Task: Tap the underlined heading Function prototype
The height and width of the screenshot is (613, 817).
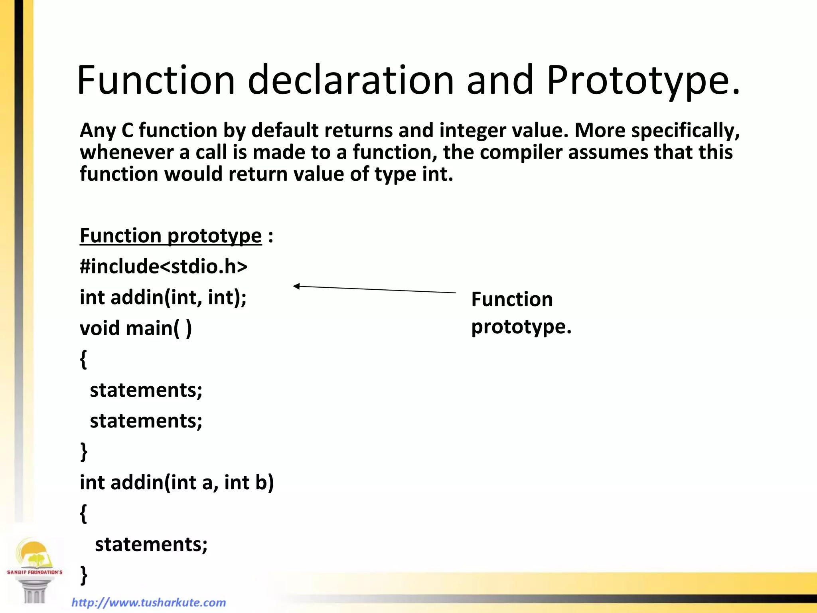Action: click(171, 235)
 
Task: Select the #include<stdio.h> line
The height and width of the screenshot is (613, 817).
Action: click(164, 266)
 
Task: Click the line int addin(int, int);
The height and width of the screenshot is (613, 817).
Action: click(163, 297)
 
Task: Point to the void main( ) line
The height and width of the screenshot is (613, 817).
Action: click(136, 328)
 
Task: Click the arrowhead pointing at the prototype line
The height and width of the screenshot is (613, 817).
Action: click(296, 286)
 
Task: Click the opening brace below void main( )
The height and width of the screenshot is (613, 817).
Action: click(83, 359)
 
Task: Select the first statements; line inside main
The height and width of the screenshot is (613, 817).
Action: click(146, 390)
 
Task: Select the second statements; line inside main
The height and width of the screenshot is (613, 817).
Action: click(146, 421)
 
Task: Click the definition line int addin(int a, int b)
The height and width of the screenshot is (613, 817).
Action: click(177, 482)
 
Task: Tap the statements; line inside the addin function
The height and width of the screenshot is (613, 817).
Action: click(151, 544)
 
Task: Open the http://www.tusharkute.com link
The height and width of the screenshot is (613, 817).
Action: click(148, 602)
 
